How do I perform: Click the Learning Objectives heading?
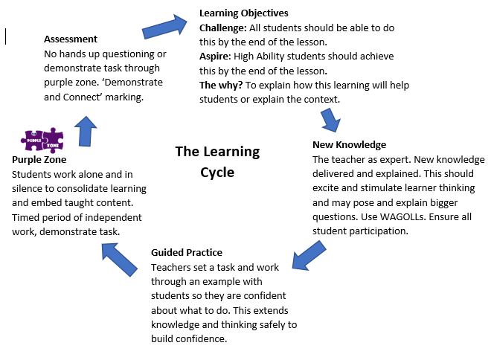coord(243,13)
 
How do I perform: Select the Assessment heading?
coord(71,39)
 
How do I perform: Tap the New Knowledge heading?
coord(349,145)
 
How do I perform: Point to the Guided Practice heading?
coord(187,253)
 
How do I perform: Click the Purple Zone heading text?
coord(39,160)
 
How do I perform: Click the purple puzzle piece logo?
coord(42,140)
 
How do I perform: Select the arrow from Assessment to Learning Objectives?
coord(164,27)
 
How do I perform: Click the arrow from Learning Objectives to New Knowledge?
coord(330,120)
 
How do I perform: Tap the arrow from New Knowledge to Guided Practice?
coord(309,255)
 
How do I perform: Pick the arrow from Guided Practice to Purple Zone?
coord(119,259)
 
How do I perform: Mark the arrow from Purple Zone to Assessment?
coord(86,132)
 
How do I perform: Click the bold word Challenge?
coord(222,28)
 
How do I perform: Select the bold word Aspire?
coord(215,57)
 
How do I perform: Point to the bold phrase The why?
coord(221,86)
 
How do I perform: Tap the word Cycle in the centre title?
coord(217,173)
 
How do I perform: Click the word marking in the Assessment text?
coord(124,97)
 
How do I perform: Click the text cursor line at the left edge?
coord(6,36)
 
